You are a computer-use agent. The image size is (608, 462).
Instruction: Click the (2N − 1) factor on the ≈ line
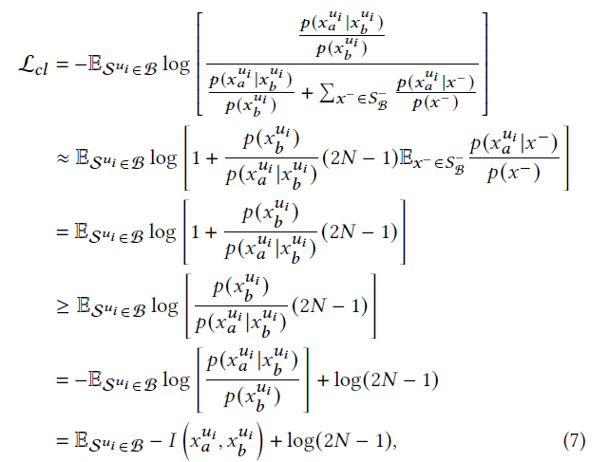click(x=356, y=157)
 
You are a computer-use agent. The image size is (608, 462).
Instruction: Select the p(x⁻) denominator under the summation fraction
click(x=433, y=103)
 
